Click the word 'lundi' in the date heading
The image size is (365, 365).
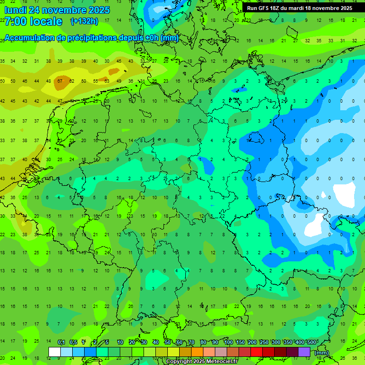[x=15, y=10]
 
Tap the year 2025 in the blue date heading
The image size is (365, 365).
[x=97, y=10]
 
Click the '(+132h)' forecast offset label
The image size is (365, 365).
[x=84, y=21]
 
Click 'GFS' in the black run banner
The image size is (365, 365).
[x=264, y=8]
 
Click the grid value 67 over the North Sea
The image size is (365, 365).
[x=60, y=81]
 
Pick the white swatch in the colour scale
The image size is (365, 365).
[x=54, y=352]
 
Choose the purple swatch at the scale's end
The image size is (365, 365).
[x=304, y=352]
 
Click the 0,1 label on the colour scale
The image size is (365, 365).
[x=61, y=342]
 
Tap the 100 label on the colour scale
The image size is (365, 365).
[x=229, y=342]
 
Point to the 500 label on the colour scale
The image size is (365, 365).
[x=312, y=342]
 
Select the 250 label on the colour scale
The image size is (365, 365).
[x=264, y=342]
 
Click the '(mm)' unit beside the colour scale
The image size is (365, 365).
[x=322, y=353]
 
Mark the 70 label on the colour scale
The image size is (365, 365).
[x=192, y=342]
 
